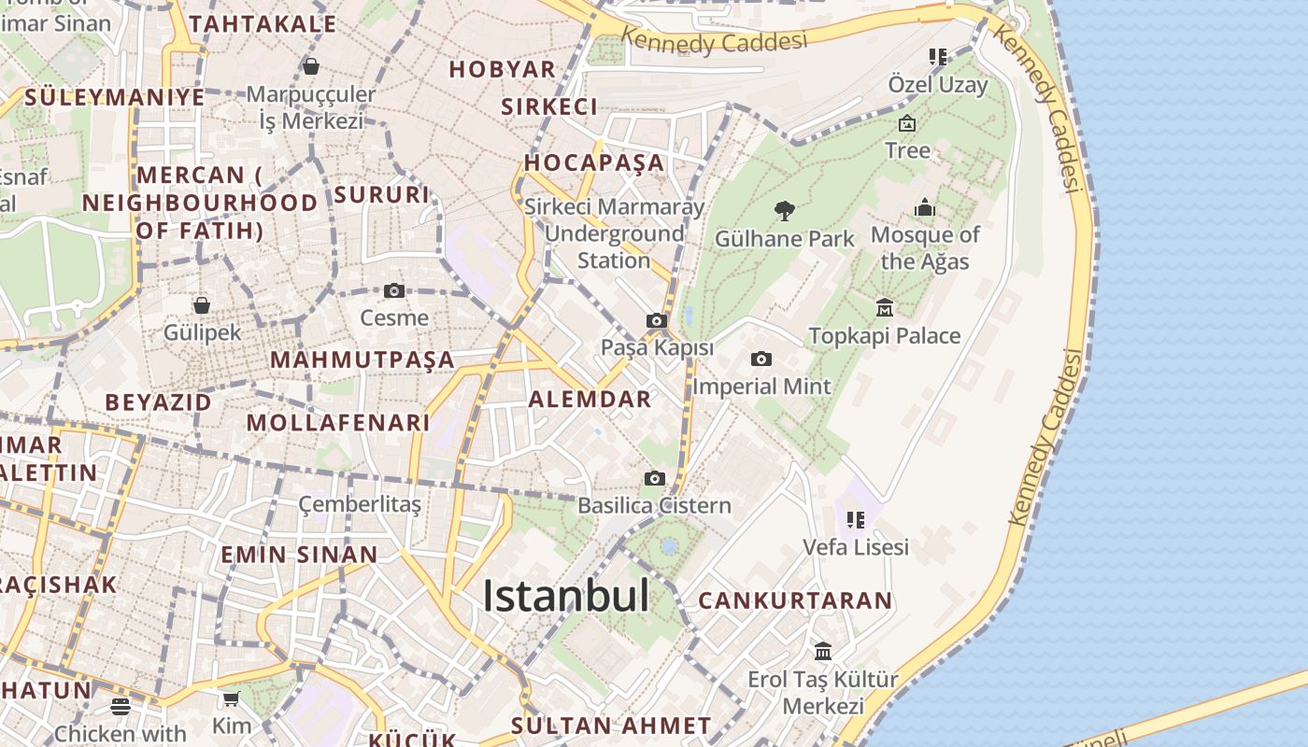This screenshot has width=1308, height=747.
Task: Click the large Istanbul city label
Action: point(565,596)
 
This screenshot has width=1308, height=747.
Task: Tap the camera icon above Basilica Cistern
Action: point(655,478)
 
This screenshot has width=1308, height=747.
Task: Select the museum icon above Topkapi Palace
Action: point(884,307)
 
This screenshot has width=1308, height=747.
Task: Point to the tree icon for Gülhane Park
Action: point(785,211)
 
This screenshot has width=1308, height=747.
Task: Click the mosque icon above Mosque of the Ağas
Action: point(924,206)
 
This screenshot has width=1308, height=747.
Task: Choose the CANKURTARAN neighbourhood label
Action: point(795,600)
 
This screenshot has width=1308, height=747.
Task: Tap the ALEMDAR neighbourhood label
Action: point(590,400)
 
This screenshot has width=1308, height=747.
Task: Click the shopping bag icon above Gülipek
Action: point(202,305)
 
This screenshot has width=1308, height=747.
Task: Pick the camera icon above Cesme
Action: point(394,290)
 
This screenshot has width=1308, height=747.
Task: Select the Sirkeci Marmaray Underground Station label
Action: point(614,233)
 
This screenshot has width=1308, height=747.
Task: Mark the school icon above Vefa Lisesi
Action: point(855,519)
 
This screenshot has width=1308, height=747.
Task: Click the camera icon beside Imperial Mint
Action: point(761,359)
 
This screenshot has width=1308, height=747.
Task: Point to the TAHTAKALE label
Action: point(263,23)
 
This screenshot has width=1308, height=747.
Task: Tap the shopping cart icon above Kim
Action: point(231,698)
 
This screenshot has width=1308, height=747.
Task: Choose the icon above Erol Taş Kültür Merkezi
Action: point(822,651)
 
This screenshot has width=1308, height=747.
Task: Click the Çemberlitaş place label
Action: point(360,504)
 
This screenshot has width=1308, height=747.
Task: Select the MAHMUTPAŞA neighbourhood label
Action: point(363,359)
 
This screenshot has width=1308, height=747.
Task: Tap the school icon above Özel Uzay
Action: point(937,57)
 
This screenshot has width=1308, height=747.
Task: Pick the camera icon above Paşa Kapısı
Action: point(657,321)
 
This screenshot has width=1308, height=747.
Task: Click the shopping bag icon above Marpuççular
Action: point(311,66)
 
